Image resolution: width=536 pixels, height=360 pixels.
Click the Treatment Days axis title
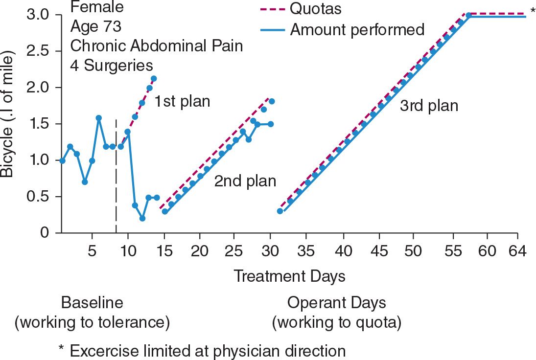(x=289, y=276)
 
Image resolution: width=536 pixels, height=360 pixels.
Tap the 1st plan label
(x=182, y=102)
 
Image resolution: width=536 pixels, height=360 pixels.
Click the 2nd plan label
(x=245, y=181)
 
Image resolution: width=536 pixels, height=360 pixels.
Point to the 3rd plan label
(x=429, y=106)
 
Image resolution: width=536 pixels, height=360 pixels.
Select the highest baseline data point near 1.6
(x=99, y=118)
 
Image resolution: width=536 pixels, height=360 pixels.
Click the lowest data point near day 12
(x=142, y=218)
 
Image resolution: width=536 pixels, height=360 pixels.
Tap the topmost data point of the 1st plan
(x=154, y=78)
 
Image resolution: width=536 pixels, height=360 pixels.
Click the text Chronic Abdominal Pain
(x=157, y=45)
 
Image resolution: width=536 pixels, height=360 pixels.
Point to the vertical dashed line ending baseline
(x=116, y=176)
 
